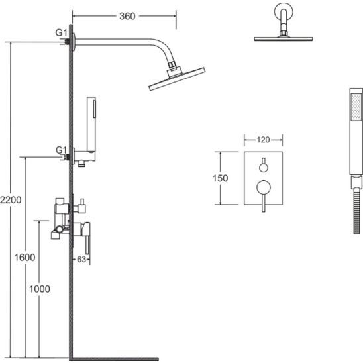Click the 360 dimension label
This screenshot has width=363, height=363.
pos(127,16)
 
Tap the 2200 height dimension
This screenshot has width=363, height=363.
pos(11,200)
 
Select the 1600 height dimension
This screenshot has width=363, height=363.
pos(25,257)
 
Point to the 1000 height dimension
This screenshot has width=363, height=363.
pos(39,289)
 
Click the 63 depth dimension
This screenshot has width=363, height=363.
pos(81,259)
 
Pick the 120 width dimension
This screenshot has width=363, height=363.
pos(263,140)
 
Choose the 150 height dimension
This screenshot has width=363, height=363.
pos(220,178)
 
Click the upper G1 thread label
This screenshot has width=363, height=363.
pos(61,32)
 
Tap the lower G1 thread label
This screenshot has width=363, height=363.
pos(61,150)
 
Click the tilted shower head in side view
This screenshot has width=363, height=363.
pos(177,78)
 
